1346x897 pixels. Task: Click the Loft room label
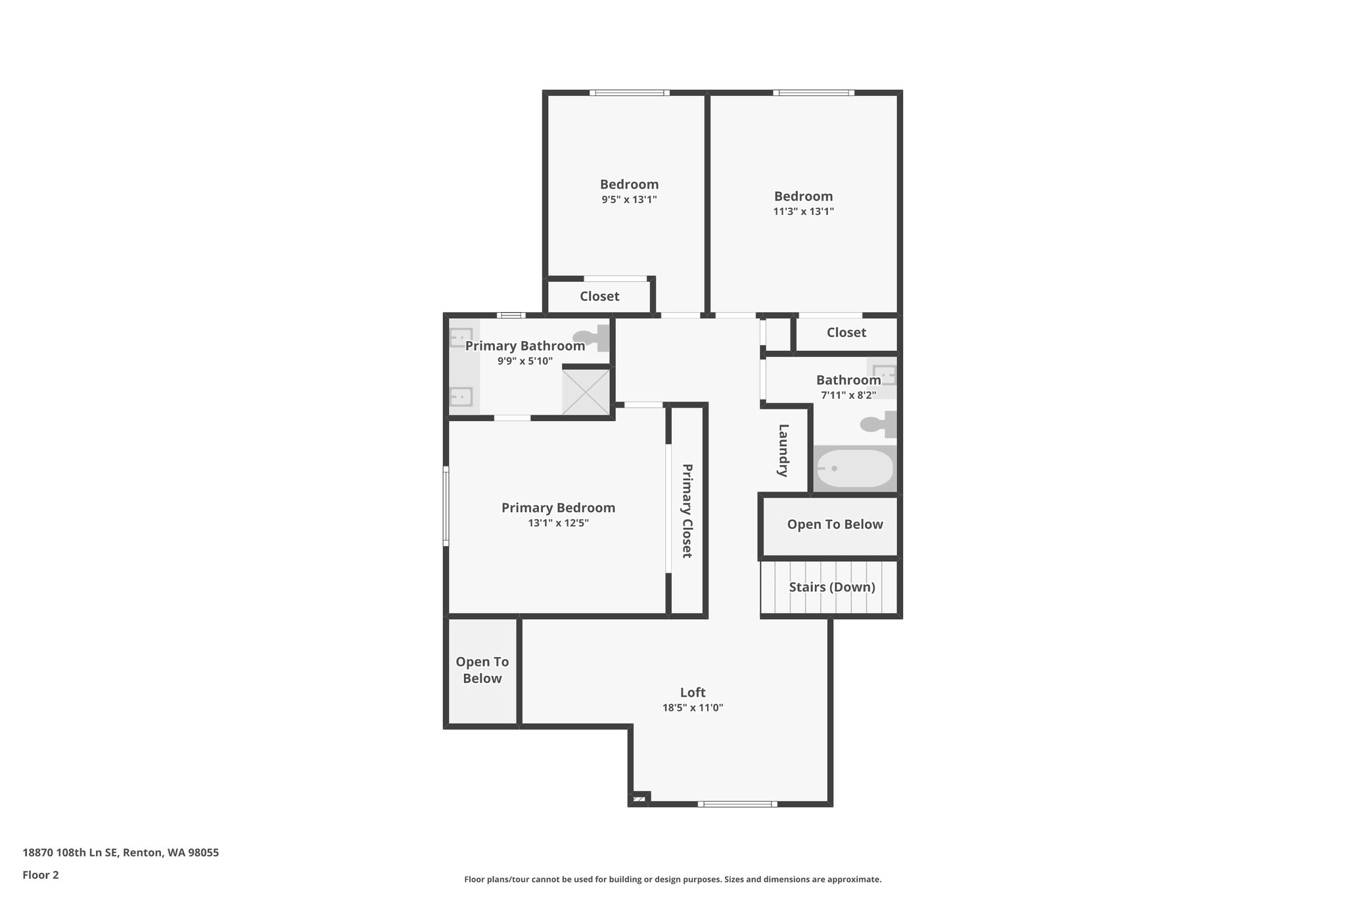[693, 692]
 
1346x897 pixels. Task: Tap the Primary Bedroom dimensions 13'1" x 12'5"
[558, 523]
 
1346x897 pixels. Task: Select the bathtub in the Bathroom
[855, 469]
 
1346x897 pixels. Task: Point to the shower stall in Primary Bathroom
[586, 392]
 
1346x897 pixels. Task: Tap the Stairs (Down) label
[832, 587]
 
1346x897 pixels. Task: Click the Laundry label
[783, 450]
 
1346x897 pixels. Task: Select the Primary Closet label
[687, 511]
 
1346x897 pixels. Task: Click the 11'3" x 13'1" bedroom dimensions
[803, 212]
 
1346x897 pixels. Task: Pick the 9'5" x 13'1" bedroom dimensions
[629, 200]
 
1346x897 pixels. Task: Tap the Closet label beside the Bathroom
[847, 333]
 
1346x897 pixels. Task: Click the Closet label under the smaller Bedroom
[599, 296]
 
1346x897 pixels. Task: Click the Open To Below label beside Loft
[482, 670]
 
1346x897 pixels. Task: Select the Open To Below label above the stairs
[835, 524]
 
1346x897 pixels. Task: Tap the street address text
[121, 852]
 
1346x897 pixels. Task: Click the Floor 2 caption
[41, 875]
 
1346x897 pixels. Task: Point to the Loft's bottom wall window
[737, 804]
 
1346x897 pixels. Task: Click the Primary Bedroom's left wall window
[446, 506]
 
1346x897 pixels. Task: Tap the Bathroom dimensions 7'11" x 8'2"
[848, 395]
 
